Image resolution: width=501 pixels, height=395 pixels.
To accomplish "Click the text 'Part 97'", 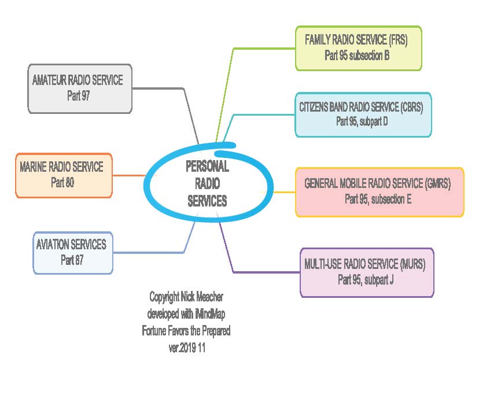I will point(78,95).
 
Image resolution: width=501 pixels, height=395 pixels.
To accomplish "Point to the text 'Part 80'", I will point(62,183).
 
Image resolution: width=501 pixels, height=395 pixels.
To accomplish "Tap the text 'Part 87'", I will point(72,260).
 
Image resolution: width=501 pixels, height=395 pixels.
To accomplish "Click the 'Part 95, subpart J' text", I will point(366,280).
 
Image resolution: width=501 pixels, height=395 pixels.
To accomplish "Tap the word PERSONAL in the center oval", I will point(207,167).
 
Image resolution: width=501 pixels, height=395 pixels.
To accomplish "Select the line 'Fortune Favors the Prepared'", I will point(186,331).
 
